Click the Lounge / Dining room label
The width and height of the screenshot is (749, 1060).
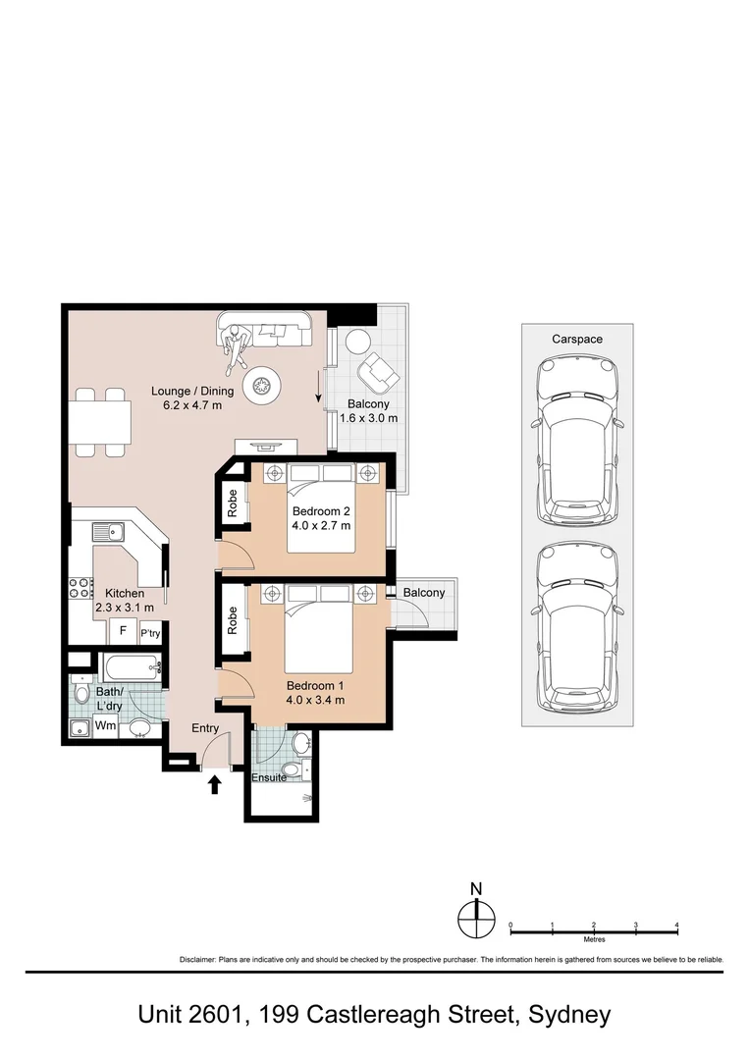click(x=192, y=391)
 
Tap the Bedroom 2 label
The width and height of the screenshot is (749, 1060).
click(x=321, y=511)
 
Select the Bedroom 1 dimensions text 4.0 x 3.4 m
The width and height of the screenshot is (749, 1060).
click(x=315, y=700)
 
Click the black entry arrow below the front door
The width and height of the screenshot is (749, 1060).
click(x=215, y=784)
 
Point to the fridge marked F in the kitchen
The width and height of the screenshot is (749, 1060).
click(x=123, y=631)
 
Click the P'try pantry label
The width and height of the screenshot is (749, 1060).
click(x=150, y=633)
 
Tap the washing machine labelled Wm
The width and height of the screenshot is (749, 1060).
click(x=105, y=726)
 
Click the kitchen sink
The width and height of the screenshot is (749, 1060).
click(x=108, y=532)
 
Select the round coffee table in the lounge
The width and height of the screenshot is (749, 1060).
click(x=261, y=386)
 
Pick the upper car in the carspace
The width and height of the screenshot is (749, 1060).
click(x=577, y=441)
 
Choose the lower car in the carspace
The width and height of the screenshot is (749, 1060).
click(x=577, y=629)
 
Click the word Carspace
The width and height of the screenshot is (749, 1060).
click(x=576, y=340)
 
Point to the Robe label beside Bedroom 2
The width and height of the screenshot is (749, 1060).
click(x=232, y=503)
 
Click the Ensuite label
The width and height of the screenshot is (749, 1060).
click(x=269, y=777)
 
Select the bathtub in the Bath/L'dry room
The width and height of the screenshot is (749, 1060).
click(x=131, y=669)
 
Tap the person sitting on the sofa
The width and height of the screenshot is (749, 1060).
click(x=236, y=346)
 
